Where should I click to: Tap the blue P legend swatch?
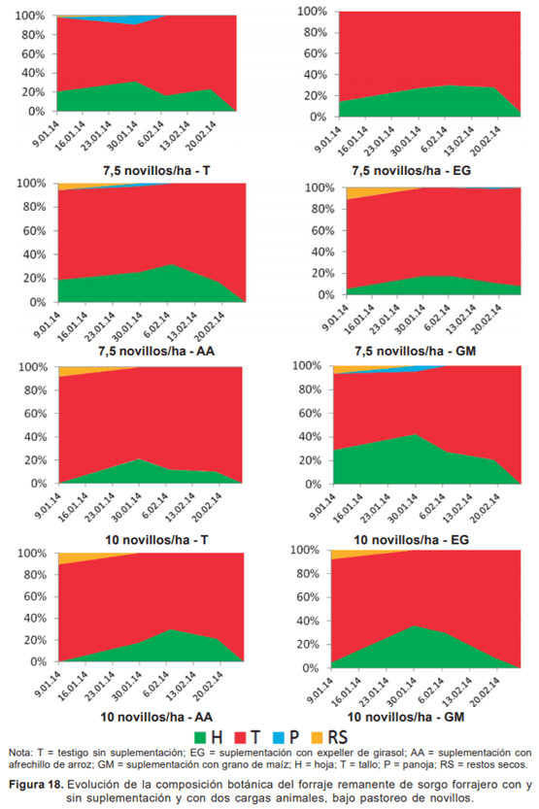point(289,735)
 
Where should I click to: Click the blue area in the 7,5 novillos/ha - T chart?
point(142,19)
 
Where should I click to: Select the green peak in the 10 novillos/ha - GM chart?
point(417,628)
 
